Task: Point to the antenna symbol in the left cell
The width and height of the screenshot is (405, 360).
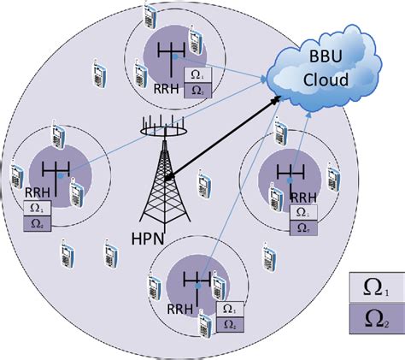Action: pos(52,171)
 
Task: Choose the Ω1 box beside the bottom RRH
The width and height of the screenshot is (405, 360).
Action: pos(227,309)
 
